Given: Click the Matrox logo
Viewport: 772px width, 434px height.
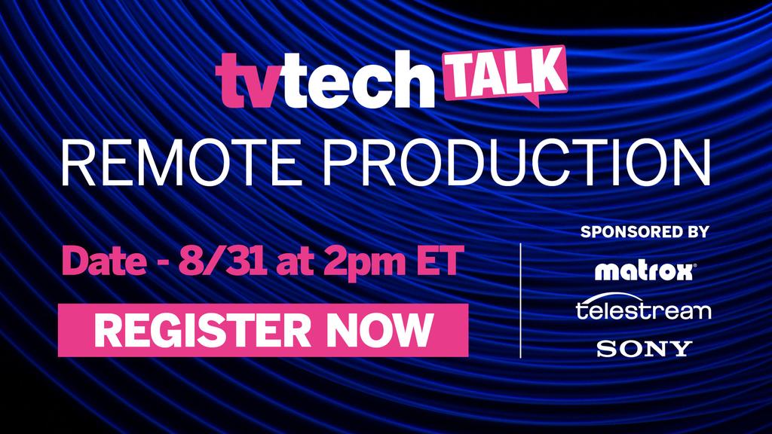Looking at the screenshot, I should (x=644, y=270).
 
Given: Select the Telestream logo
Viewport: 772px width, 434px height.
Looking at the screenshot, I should (x=643, y=309).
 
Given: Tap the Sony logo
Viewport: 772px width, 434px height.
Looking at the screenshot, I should (x=644, y=348).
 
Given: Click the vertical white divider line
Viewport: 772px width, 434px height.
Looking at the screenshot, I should (x=521, y=300).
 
